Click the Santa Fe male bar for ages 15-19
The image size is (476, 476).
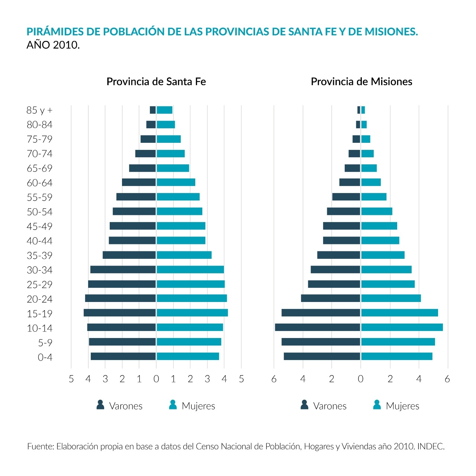[x=119, y=313]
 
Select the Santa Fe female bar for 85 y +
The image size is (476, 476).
[x=164, y=110]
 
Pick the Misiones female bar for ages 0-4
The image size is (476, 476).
[x=396, y=356]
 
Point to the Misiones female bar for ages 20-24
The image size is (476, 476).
[x=391, y=298]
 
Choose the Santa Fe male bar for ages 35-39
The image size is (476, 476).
[x=129, y=255]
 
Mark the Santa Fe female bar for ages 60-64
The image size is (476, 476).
[x=176, y=182]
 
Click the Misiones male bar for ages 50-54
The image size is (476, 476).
[x=343, y=211]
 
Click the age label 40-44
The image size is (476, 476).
[x=39, y=241]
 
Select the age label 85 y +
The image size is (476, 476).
[x=39, y=110]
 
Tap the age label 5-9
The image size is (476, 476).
[x=45, y=343]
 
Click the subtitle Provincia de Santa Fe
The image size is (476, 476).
[x=156, y=82]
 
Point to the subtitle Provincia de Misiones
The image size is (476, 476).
[x=361, y=82]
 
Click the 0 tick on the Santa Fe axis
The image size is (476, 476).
[x=156, y=379]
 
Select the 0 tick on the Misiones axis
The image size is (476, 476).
[x=360, y=379]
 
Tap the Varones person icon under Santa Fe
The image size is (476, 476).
[x=100, y=405]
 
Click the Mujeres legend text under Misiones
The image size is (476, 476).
[x=402, y=406]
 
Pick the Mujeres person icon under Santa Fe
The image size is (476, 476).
[x=173, y=405]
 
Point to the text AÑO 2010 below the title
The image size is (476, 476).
[x=53, y=45]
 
